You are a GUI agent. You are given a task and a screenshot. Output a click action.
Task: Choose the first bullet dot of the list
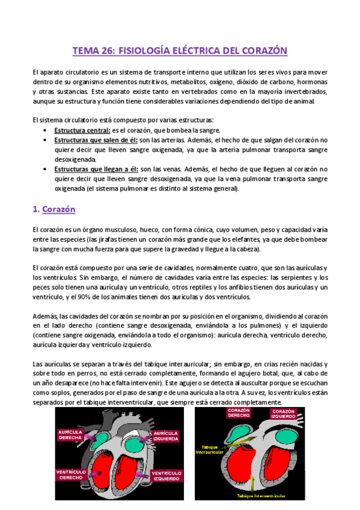[x=47, y=131]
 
